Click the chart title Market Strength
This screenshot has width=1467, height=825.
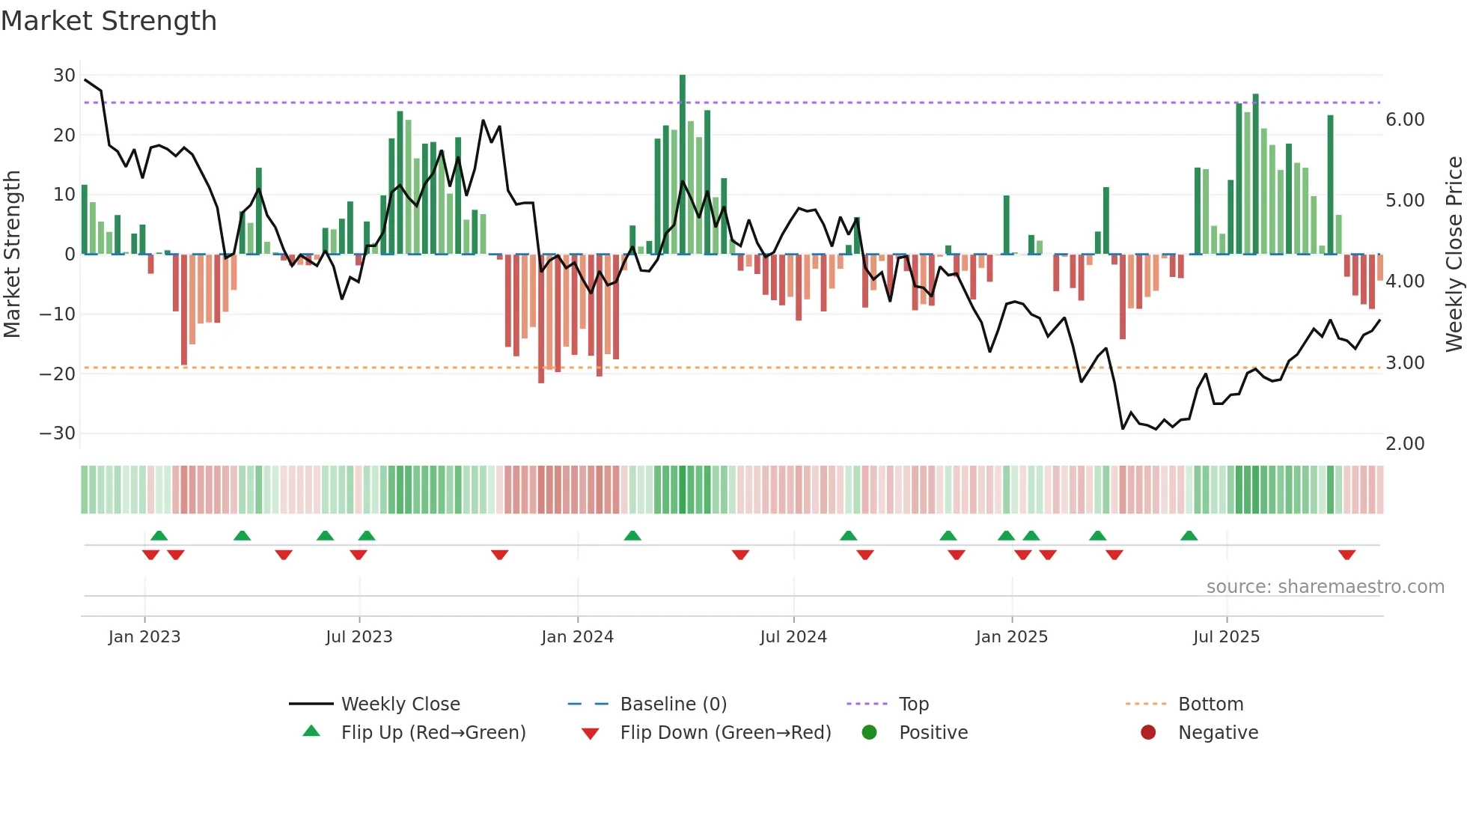pyautogui.click(x=109, y=21)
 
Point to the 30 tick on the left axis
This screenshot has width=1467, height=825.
pyautogui.click(x=64, y=76)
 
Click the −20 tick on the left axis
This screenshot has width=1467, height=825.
pyautogui.click(x=58, y=374)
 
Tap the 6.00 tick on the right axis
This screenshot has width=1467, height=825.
pyautogui.click(x=1404, y=120)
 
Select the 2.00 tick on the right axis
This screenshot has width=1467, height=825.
pyautogui.click(x=1404, y=444)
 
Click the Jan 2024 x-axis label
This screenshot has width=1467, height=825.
pyautogui.click(x=577, y=637)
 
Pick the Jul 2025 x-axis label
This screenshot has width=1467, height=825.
pyautogui.click(x=1226, y=637)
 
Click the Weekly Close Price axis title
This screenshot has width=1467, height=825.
pyautogui.click(x=1454, y=254)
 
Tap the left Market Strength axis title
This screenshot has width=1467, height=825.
pyautogui.click(x=12, y=254)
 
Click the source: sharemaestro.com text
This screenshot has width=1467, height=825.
pyautogui.click(x=1325, y=587)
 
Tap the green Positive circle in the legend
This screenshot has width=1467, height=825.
pyautogui.click(x=869, y=733)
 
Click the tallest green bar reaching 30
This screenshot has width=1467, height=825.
pyautogui.click(x=683, y=165)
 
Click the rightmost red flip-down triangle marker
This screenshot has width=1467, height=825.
pyautogui.click(x=1346, y=555)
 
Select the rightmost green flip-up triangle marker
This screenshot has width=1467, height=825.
pyautogui.click(x=1189, y=535)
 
